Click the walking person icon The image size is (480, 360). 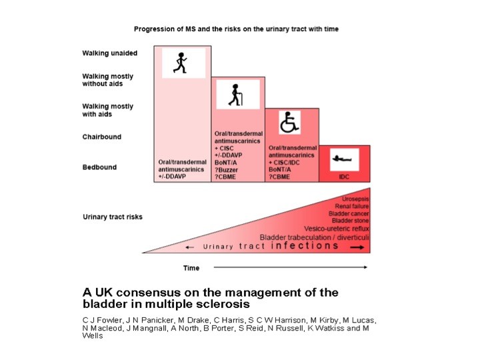point(183,63)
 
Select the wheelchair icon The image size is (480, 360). point(288,123)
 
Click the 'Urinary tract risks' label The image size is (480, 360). point(112,217)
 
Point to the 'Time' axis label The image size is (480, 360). point(191,268)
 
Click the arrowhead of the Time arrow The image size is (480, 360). point(365,267)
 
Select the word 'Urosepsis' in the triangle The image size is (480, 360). point(355,199)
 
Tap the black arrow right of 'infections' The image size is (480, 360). point(357,247)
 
